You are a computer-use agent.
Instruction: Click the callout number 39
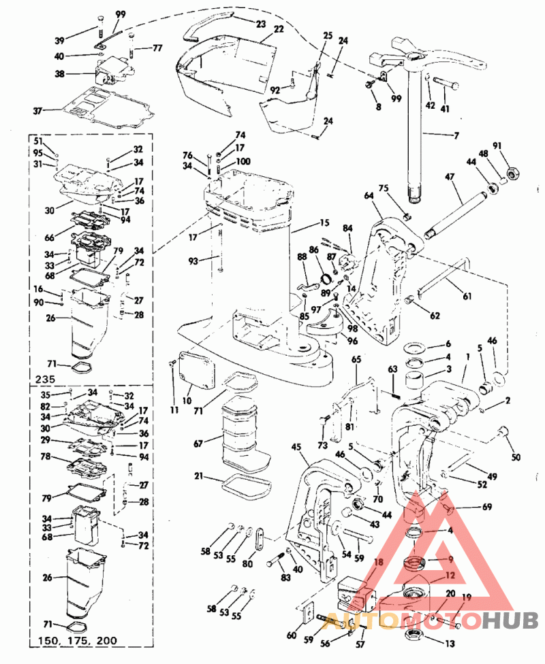tap(60, 40)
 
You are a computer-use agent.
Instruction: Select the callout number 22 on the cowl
tap(279, 29)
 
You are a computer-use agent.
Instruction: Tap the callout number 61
tap(467, 295)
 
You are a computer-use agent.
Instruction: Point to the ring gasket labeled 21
tap(241, 484)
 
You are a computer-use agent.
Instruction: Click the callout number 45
tap(296, 447)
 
